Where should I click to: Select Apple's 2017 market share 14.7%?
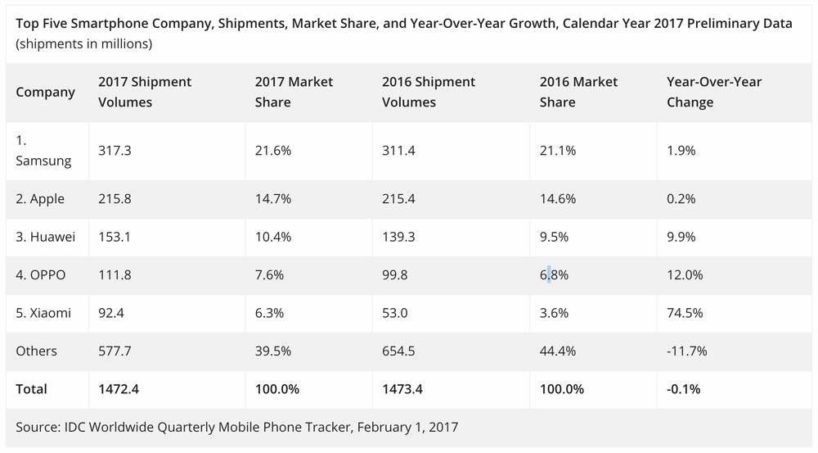pos(270,199)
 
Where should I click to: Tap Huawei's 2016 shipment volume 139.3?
pos(400,237)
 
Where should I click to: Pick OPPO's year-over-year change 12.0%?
pos(685,275)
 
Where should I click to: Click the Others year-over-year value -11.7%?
pos(687,351)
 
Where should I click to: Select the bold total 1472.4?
pos(119,389)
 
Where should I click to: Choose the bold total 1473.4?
pos(402,389)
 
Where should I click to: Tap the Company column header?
pos(46,92)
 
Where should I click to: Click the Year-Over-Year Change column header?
pos(714,92)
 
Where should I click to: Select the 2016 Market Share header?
pos(579,92)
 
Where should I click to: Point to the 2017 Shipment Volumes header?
pos(145,92)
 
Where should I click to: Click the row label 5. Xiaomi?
pos(44,313)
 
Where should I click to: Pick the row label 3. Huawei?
pos(46,237)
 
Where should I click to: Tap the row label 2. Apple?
pos(40,199)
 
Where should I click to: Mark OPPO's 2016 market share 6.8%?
pos(555,275)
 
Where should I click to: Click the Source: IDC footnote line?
pos(237,427)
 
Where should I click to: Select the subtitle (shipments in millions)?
pos(84,43)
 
